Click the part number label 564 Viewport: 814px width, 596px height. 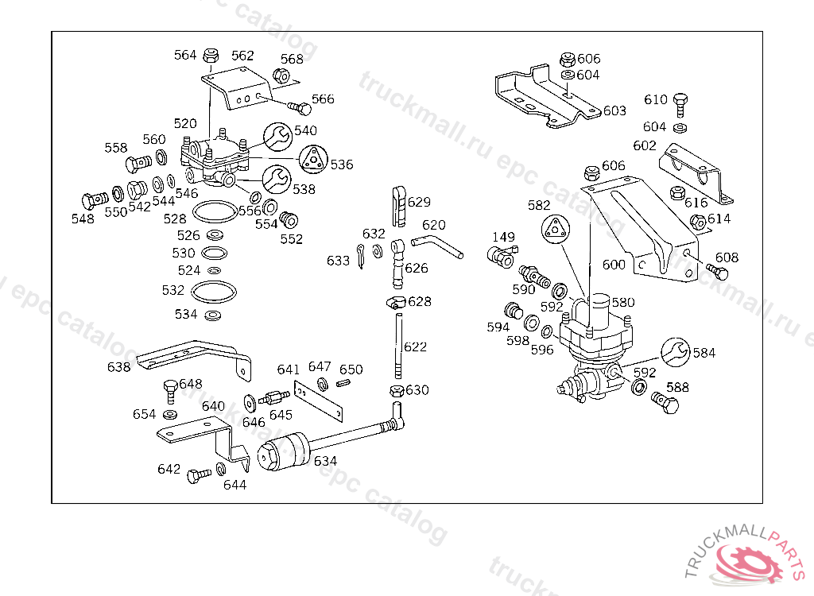click(x=184, y=55)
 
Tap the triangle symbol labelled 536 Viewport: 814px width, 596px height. click(x=314, y=159)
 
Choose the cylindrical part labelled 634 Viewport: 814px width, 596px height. click(x=285, y=452)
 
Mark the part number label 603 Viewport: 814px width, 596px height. click(x=614, y=110)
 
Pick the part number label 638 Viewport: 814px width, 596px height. click(x=118, y=366)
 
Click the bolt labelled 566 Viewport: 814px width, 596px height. click(x=300, y=106)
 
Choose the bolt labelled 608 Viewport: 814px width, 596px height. click(x=717, y=273)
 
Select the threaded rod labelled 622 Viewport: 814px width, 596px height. click(x=397, y=347)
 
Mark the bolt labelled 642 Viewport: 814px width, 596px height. click(x=198, y=476)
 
